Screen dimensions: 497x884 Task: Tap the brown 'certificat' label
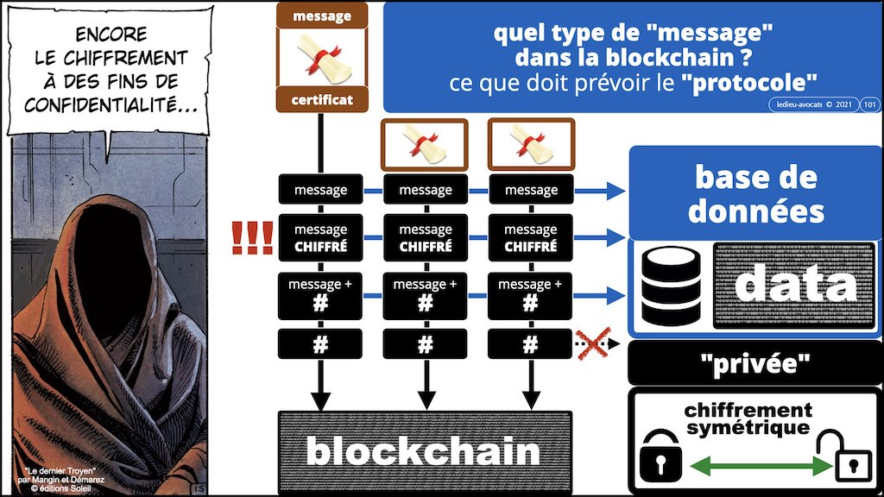coord(320,100)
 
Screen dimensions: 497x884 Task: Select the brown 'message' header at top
coord(320,16)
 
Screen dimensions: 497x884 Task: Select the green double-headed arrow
coord(751,467)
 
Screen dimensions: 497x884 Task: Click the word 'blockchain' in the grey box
coord(423,450)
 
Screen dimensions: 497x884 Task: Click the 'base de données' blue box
coord(755,193)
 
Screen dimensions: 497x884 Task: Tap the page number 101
coord(869,104)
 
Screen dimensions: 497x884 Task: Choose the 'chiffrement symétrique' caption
coord(748,418)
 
